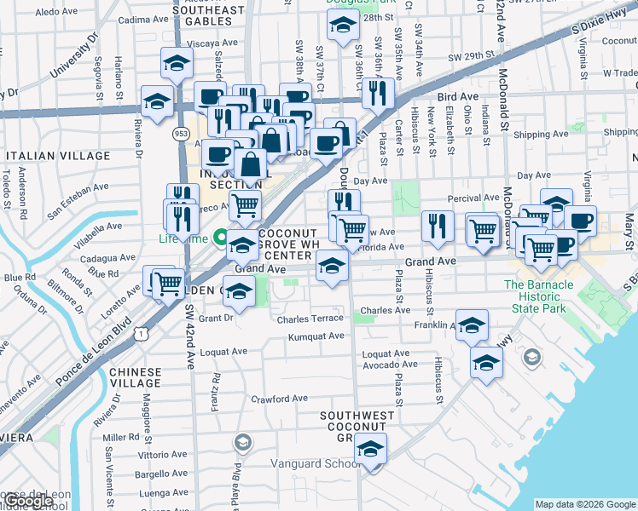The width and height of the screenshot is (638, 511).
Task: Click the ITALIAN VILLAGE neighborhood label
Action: coord(57,156)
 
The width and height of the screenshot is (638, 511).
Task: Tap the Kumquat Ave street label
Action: coord(316,336)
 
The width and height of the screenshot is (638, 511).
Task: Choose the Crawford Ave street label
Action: coord(279,399)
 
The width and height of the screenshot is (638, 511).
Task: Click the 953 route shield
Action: coord(180,134)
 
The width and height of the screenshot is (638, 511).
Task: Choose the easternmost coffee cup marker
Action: coord(580,220)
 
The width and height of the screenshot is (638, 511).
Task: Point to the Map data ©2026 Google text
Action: coord(585,504)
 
